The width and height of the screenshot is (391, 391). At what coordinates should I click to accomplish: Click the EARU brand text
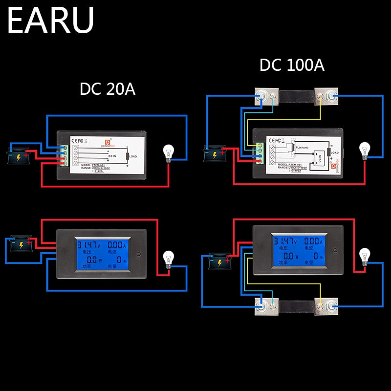click(51, 20)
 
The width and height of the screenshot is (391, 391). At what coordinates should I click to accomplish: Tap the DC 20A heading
click(107, 89)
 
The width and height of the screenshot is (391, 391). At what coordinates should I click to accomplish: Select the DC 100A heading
click(292, 65)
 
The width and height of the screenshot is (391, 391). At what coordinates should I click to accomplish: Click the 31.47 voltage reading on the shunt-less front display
click(88, 244)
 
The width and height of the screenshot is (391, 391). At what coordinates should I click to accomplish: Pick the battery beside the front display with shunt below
click(219, 262)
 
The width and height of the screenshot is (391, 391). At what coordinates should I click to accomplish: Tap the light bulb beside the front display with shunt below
click(364, 257)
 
